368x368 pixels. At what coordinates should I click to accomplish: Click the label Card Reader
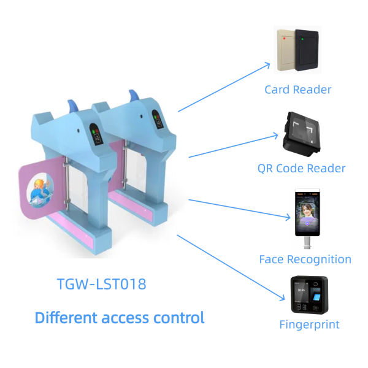point(298,90)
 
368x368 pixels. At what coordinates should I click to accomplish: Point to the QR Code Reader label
point(301,167)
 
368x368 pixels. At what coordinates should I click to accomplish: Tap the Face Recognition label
point(305,259)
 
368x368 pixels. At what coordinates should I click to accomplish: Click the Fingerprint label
point(309,324)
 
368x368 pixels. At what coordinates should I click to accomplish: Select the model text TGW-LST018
point(102,285)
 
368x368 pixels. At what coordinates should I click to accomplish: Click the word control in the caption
point(180,318)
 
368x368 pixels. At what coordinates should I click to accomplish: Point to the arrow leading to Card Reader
point(224,86)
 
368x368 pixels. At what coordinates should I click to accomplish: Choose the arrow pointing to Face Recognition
point(239,208)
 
